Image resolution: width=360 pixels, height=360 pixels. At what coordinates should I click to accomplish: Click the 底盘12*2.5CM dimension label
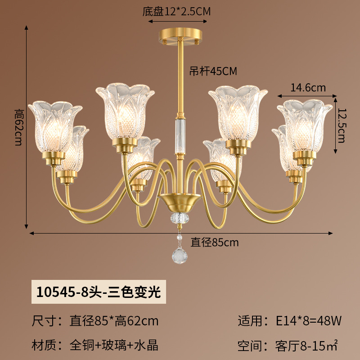(176, 12)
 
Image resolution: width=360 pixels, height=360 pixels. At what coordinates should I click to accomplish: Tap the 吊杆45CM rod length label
(213, 71)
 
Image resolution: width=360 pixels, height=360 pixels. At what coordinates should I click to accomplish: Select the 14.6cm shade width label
(308, 88)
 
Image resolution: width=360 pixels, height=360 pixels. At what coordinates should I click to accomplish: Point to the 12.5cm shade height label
(342, 126)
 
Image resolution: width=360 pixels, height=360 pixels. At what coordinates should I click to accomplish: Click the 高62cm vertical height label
(18, 127)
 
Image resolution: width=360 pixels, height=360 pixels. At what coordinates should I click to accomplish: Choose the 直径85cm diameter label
(215, 243)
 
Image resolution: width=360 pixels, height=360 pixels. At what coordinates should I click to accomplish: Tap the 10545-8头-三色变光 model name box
(99, 292)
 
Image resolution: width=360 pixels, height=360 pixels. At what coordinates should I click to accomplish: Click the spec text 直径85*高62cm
(114, 321)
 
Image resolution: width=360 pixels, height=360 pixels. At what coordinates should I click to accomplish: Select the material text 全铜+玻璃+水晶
(114, 345)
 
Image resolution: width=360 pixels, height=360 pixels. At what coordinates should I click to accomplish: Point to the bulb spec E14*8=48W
(309, 321)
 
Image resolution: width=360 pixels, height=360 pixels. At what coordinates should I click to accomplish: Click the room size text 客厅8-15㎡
(306, 345)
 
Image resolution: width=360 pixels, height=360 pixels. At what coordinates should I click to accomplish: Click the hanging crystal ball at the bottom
(180, 256)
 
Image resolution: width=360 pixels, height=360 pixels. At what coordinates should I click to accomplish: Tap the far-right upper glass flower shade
(305, 126)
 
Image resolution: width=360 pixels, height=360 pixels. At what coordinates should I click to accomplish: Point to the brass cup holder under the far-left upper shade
(53, 158)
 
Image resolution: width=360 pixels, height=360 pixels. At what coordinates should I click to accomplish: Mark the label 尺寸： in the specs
(47, 321)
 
